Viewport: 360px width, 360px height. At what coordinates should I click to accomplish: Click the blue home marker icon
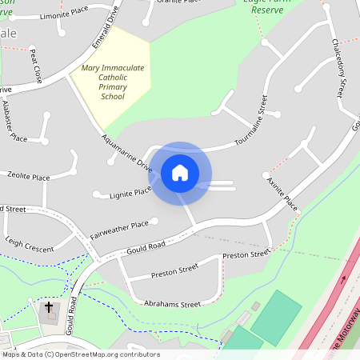(180, 172)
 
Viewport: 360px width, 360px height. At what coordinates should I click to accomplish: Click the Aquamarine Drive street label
(126, 153)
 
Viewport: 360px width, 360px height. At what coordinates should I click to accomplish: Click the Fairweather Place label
(120, 230)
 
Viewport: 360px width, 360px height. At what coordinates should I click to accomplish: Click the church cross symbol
(48, 307)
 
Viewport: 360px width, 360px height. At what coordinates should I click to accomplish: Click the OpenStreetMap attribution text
(80, 354)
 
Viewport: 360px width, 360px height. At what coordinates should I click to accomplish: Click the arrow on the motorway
(344, 280)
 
